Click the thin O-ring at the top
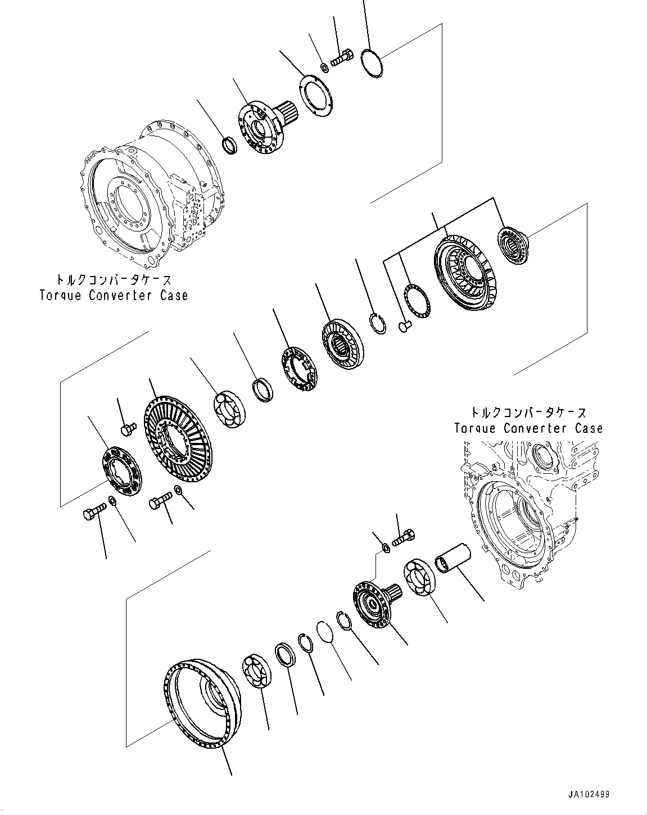369,65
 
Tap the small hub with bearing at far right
513,242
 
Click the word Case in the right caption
588,428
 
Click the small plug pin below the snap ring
405,325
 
